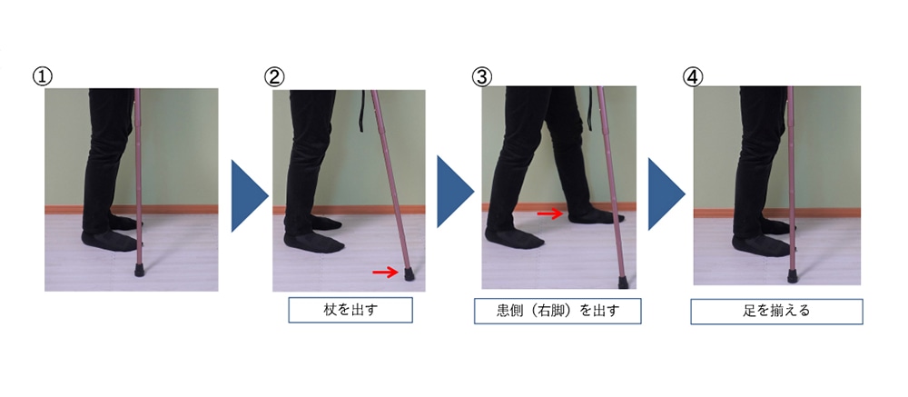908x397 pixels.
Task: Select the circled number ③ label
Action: pyautogui.click(x=482, y=75)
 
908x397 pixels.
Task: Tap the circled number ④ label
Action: pyautogui.click(x=693, y=75)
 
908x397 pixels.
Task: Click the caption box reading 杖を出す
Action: pyautogui.click(x=350, y=311)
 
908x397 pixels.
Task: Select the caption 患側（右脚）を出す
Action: pyautogui.click(x=558, y=312)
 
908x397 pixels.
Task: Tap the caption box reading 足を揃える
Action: pyautogui.click(x=775, y=312)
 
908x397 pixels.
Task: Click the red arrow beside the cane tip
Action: pyautogui.click(x=385, y=272)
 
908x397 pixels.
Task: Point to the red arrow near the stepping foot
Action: pyautogui.click(x=549, y=213)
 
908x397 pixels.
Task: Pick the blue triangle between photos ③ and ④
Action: pyautogui.click(x=664, y=192)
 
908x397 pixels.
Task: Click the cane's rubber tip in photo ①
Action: pyautogui.click(x=140, y=270)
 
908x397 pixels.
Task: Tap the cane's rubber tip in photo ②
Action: pyautogui.click(x=409, y=273)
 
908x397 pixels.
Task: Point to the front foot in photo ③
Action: pyautogui.click(x=590, y=215)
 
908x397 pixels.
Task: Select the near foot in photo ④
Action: pyautogui.click(x=757, y=245)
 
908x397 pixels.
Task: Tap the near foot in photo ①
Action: pyautogui.click(x=109, y=240)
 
